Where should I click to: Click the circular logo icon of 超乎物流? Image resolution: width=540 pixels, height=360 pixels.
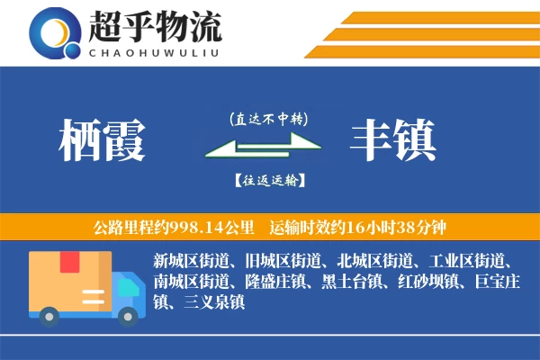pos(53,32)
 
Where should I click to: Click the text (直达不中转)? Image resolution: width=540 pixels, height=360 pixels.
pos(268,118)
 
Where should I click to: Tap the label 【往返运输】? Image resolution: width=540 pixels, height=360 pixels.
pos(268,180)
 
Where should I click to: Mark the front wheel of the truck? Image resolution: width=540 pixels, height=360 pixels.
pos(126,314)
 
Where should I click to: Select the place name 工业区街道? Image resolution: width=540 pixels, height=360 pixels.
pos(470,262)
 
